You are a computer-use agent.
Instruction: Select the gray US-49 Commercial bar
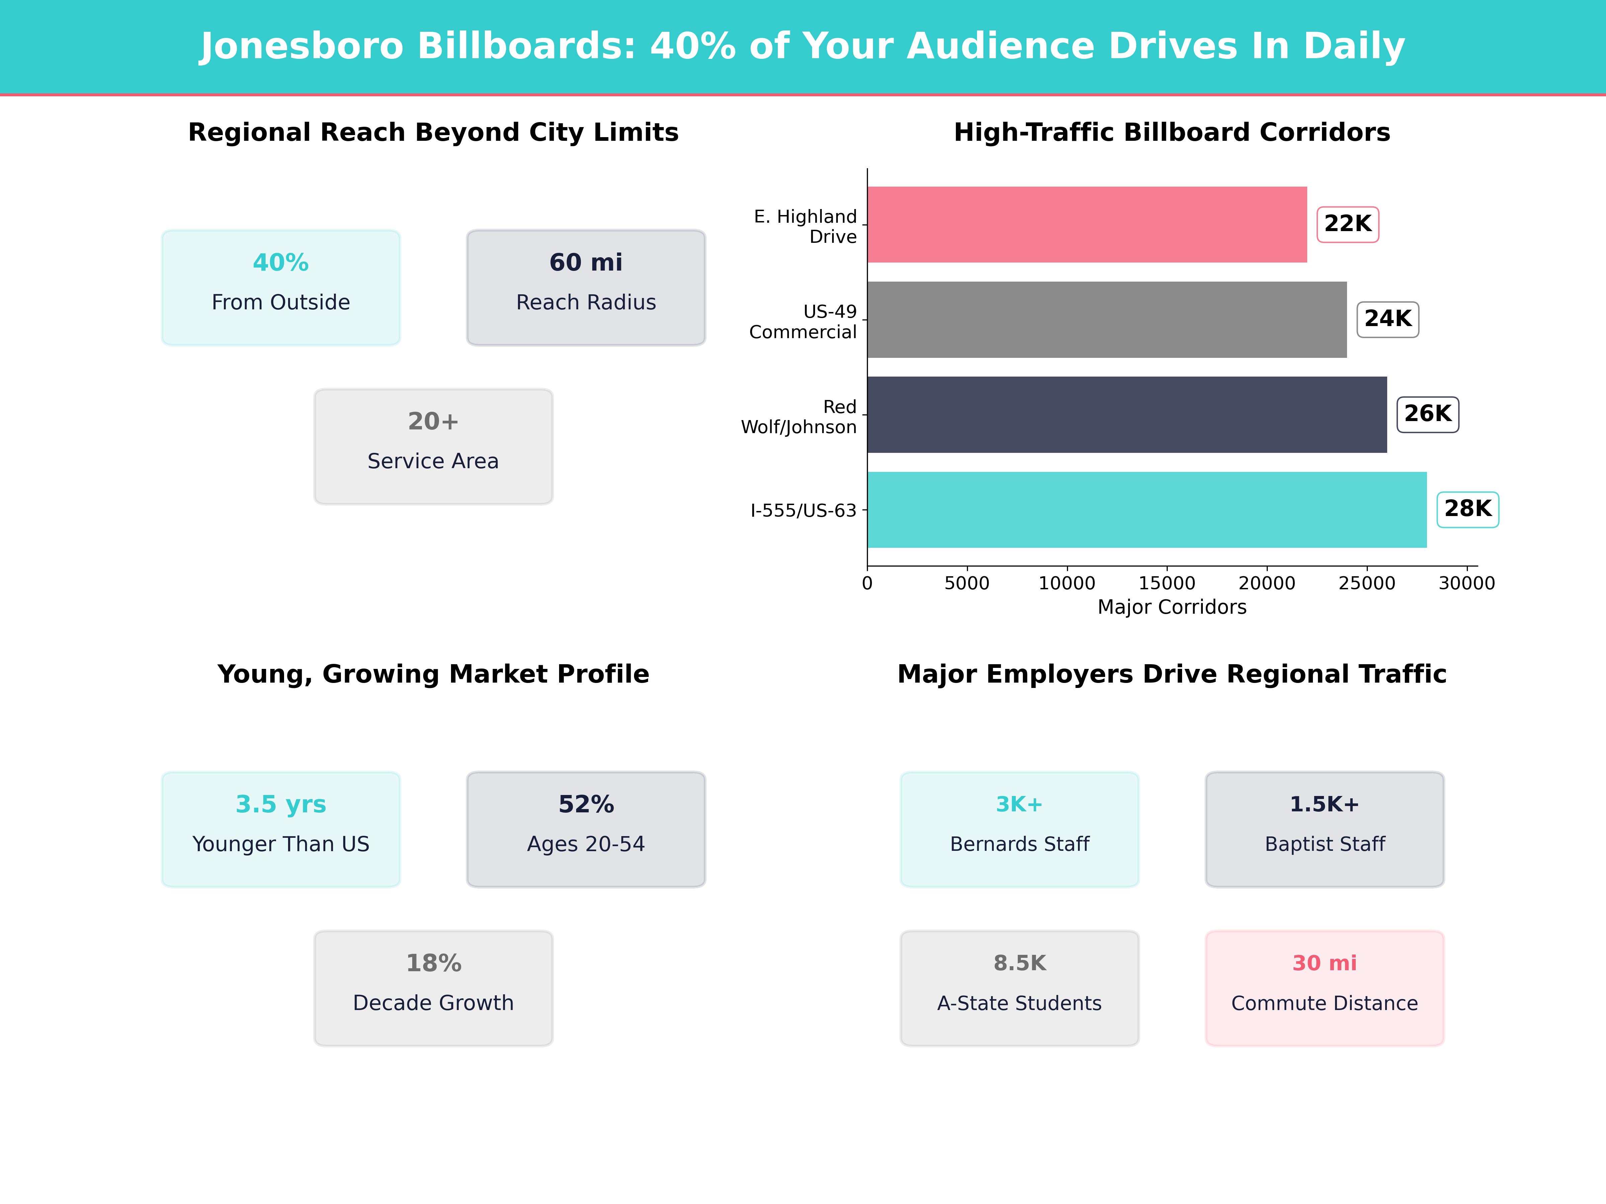1106,319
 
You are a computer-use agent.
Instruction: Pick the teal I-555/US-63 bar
1146,509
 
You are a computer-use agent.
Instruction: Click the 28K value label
1467,509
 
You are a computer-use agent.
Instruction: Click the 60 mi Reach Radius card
586,287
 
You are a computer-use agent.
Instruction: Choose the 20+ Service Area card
433,446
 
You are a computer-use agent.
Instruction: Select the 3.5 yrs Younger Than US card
281,829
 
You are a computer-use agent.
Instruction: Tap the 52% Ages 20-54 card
586,829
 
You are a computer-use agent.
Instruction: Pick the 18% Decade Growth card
433,988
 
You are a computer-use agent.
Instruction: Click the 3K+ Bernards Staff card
1019,829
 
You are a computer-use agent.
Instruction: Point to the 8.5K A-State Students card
1019,988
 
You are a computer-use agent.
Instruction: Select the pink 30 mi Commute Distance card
1324,988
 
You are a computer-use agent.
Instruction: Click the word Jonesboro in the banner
301,46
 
